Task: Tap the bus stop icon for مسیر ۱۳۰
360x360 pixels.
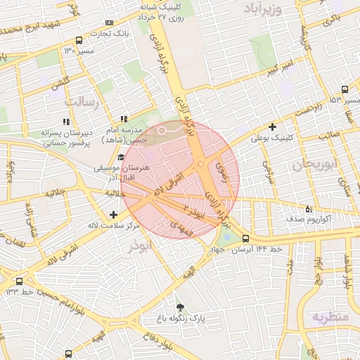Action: click(78, 40)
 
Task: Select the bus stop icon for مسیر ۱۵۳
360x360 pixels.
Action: click(344, 90)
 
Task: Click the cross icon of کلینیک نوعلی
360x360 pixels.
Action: click(272, 127)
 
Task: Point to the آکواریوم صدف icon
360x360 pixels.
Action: click(309, 209)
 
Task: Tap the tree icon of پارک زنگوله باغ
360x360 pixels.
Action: click(181, 307)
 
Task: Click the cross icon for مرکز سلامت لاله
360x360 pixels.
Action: click(114, 214)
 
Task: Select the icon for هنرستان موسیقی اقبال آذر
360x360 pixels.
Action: click(121, 157)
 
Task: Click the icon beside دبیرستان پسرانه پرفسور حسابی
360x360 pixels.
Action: click(68, 121)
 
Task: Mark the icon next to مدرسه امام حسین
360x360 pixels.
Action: click(124, 119)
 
